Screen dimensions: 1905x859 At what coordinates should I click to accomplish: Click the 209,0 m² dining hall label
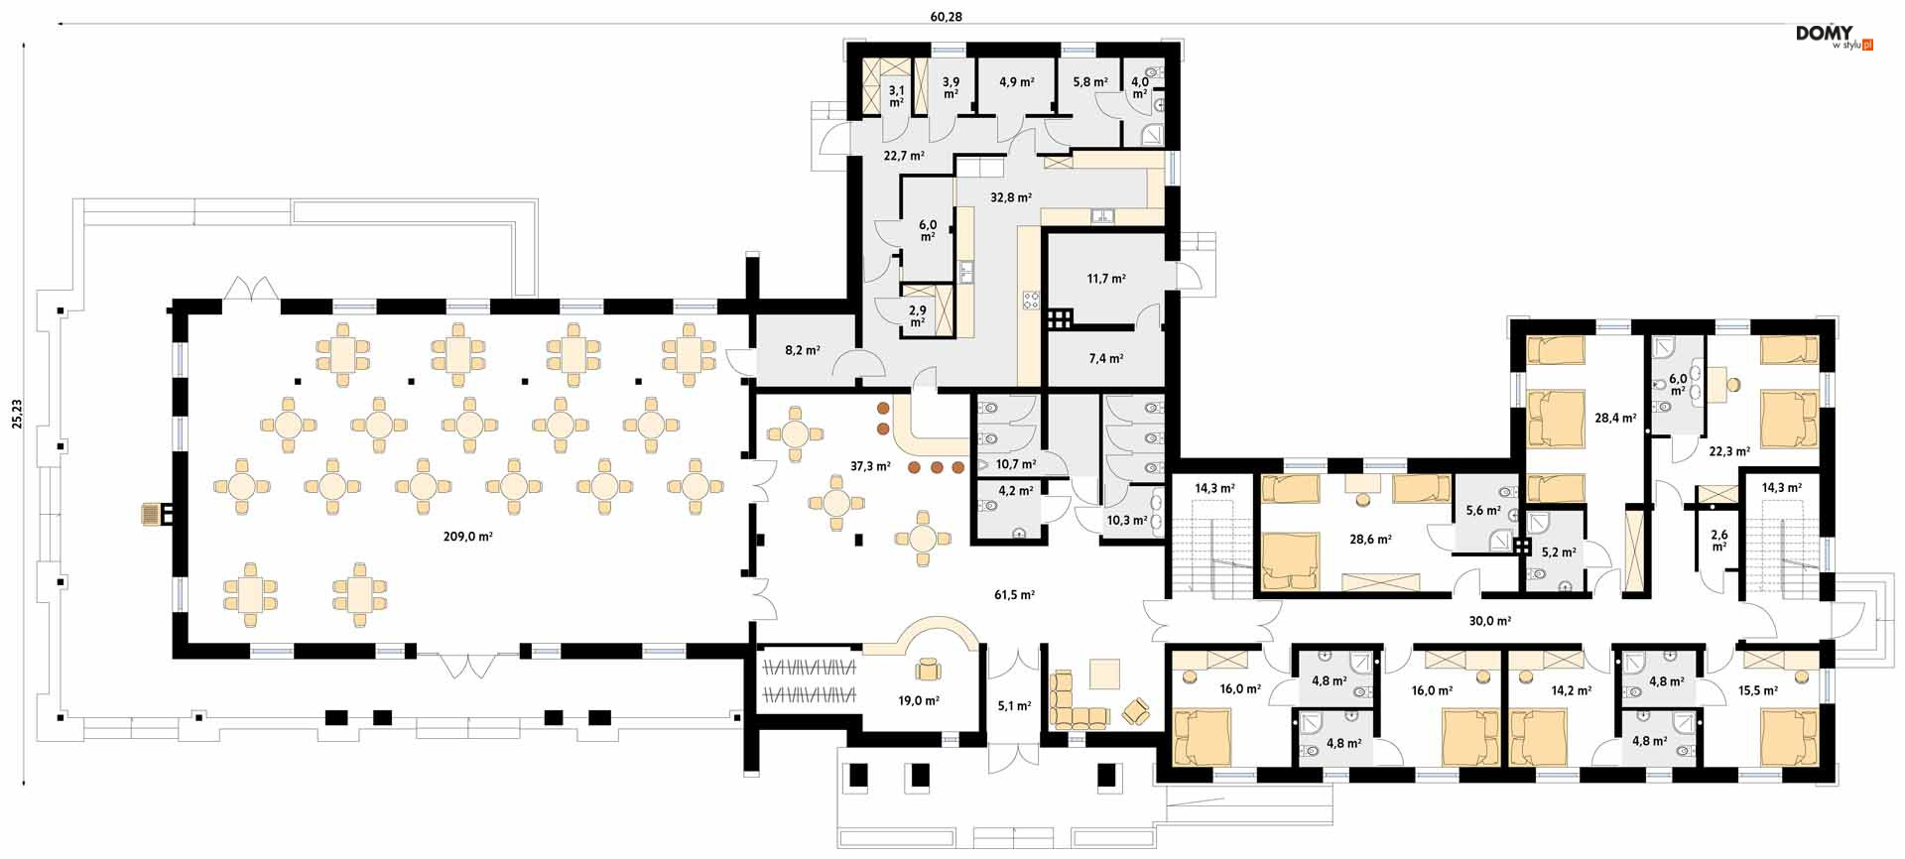click(467, 537)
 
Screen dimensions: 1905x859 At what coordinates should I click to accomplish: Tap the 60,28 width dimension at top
click(946, 16)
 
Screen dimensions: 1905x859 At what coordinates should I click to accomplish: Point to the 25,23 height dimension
click(16, 414)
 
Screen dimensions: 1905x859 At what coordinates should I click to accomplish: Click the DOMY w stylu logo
click(1835, 38)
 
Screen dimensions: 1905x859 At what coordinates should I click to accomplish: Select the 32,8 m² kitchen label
click(1011, 197)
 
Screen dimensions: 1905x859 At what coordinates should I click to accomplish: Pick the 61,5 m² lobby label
click(1014, 595)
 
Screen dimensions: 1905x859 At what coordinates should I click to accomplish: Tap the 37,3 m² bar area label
click(870, 466)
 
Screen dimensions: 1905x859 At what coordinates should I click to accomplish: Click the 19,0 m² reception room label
click(919, 700)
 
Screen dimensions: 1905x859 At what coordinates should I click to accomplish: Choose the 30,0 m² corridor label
click(1490, 621)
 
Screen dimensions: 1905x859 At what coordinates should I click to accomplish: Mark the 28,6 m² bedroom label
click(1370, 540)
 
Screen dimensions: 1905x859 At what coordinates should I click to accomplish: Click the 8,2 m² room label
click(803, 350)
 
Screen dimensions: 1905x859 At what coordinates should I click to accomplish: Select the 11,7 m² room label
click(1106, 279)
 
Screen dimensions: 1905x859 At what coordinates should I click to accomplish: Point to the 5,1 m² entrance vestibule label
click(1014, 706)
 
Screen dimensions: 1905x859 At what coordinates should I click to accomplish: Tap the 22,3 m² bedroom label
click(1729, 451)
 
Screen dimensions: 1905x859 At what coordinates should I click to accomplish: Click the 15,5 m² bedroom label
click(1758, 690)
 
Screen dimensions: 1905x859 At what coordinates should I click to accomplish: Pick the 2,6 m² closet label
click(1719, 541)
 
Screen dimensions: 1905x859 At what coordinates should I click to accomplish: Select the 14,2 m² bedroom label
click(1572, 690)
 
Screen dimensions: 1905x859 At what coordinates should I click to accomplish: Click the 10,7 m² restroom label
click(1016, 464)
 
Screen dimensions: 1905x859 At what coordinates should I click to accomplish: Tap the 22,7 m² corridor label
click(904, 156)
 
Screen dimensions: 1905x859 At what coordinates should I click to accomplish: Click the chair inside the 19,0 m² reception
click(929, 670)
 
